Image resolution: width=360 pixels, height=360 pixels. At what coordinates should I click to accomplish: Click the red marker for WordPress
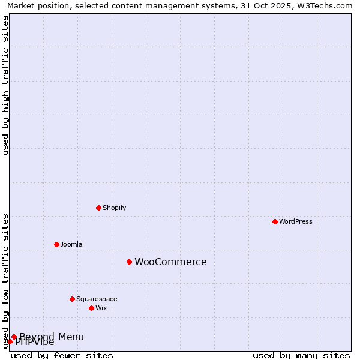pyautogui.click(x=275, y=221)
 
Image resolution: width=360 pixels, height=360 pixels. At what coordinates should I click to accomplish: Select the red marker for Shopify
pyautogui.click(x=98, y=208)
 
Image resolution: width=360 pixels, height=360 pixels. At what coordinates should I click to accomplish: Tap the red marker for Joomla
pyautogui.click(x=56, y=244)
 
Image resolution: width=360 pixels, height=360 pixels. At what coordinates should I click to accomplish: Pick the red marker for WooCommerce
pyautogui.click(x=129, y=262)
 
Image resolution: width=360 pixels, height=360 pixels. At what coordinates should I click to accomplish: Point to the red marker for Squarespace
pyautogui.click(x=72, y=299)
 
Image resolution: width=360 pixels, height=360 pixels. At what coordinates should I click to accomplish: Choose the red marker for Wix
pyautogui.click(x=91, y=308)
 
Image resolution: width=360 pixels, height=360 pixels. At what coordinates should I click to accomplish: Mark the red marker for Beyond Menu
pyautogui.click(x=14, y=337)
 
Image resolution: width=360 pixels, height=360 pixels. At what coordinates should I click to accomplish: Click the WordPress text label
pyautogui.click(x=296, y=221)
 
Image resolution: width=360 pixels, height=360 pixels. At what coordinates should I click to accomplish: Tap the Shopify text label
pyautogui.click(x=114, y=208)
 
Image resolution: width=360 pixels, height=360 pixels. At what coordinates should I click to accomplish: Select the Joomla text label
pyautogui.click(x=71, y=244)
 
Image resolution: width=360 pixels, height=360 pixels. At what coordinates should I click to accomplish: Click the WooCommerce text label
pyautogui.click(x=170, y=262)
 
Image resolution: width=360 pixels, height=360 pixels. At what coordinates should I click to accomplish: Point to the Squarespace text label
pyautogui.click(x=97, y=299)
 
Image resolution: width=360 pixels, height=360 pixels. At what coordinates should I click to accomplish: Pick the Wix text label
pyautogui.click(x=101, y=308)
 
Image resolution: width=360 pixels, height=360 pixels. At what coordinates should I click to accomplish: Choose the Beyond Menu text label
pyautogui.click(x=52, y=337)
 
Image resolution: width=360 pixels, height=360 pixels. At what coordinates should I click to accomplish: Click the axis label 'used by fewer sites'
pyautogui.click(x=62, y=355)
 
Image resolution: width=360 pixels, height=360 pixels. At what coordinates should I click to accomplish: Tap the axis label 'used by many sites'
pyautogui.click(x=301, y=355)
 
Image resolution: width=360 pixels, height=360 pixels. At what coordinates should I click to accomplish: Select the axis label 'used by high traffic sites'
pyautogui.click(x=5, y=85)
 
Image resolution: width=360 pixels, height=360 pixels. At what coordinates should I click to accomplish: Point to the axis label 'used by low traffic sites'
pyautogui.click(x=5, y=281)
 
